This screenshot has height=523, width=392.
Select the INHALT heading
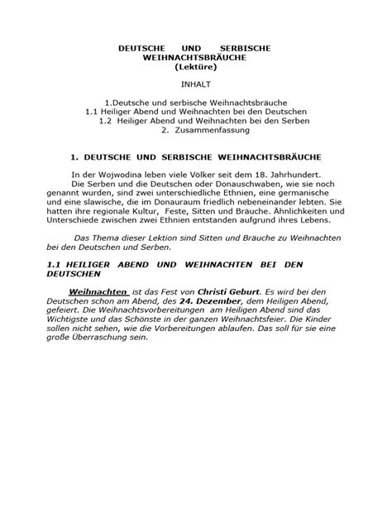[x=196, y=85]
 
